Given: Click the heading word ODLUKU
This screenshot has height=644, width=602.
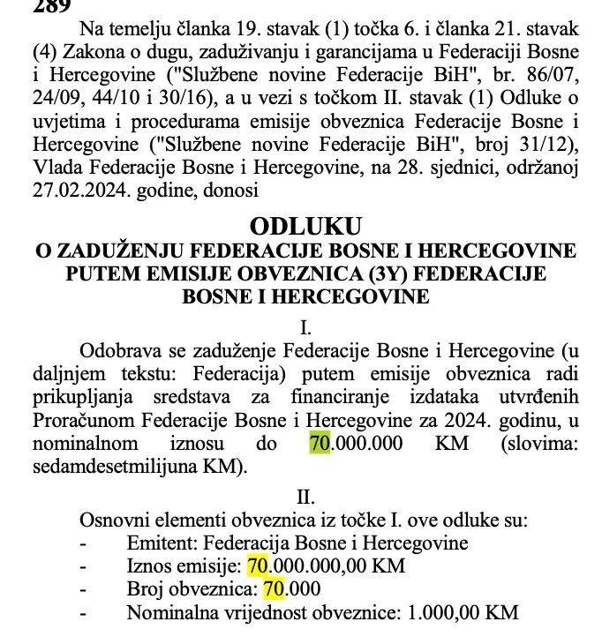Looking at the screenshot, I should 305,228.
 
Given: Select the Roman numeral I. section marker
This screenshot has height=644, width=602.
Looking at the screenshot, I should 305,327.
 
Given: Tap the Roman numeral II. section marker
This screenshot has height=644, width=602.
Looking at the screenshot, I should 305,498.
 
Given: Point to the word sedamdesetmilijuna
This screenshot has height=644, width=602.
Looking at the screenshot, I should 111,466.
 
